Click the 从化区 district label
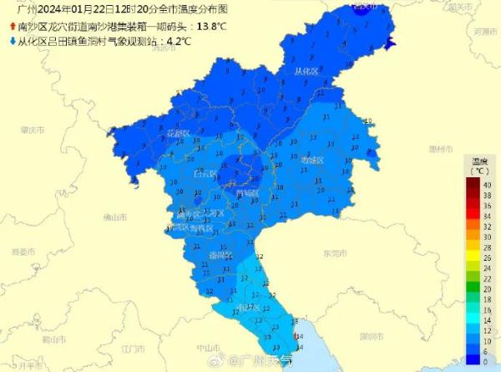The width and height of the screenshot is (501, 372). (307, 71)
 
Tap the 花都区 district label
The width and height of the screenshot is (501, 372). (178, 134)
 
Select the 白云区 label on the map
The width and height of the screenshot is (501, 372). (205, 174)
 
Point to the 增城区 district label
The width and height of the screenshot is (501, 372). (312, 160)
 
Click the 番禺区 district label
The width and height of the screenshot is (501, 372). (220, 253)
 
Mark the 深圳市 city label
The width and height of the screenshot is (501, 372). (369, 334)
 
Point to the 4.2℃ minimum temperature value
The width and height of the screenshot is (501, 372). (179, 39)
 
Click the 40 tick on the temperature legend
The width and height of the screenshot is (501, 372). (486, 184)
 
